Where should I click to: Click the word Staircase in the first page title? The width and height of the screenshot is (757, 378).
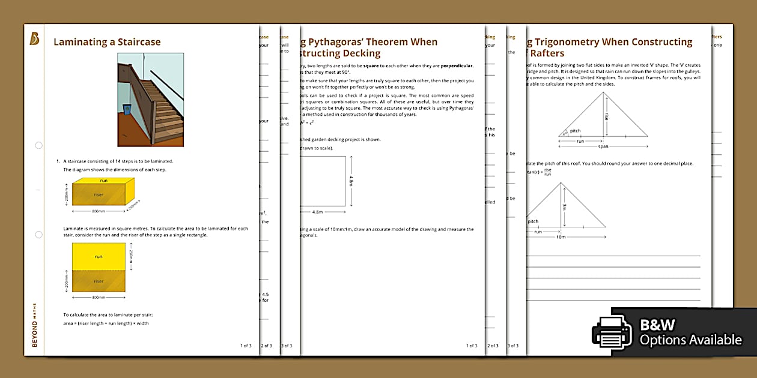[138, 42]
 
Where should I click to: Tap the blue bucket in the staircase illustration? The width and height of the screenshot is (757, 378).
[127, 109]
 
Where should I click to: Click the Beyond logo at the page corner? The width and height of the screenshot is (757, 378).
[34, 39]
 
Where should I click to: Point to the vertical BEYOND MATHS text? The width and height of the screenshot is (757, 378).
[34, 325]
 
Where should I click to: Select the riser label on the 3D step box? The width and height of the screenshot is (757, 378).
[99, 194]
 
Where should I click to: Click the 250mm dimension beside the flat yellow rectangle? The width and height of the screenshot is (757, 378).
[130, 256]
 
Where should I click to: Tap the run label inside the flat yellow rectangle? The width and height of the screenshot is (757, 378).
[99, 256]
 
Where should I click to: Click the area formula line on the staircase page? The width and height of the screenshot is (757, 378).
[106, 323]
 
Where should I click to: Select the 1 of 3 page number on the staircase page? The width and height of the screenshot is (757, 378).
[246, 346]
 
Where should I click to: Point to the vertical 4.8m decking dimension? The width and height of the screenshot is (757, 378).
[351, 181]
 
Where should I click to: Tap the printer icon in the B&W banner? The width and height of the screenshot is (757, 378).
[611, 332]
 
